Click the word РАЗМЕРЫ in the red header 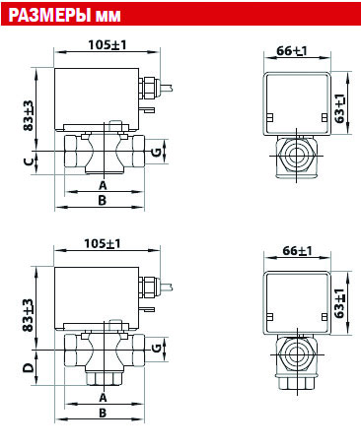click(x=49, y=15)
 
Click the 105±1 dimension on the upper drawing click(x=108, y=45)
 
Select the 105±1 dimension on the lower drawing click(x=103, y=244)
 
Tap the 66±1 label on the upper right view click(x=292, y=51)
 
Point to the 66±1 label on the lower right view click(x=297, y=251)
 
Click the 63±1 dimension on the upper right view click(x=340, y=108)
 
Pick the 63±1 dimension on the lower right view click(x=339, y=303)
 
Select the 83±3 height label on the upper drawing click(x=29, y=116)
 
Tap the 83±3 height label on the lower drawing click(x=28, y=315)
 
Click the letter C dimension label click(x=29, y=161)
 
